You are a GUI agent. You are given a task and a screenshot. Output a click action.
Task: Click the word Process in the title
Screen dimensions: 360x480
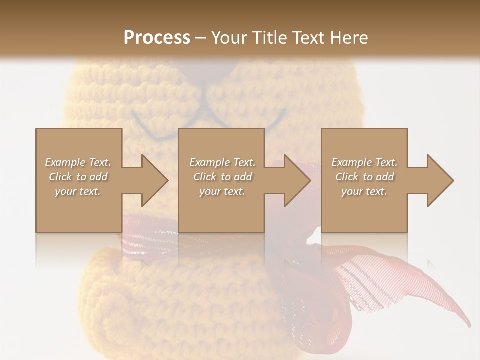tap(157, 38)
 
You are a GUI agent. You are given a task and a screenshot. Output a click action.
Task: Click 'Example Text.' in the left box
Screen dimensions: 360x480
tap(78, 162)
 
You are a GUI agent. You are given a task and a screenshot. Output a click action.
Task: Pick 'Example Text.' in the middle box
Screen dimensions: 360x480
tap(222, 162)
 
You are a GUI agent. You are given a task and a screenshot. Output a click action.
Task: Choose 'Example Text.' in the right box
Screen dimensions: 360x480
tap(364, 162)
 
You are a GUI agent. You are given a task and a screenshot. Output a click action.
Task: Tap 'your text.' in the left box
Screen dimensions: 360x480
tap(78, 191)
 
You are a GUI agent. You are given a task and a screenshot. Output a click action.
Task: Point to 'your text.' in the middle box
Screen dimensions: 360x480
tap(222, 191)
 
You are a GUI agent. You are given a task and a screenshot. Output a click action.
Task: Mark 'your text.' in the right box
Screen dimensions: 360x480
tap(364, 191)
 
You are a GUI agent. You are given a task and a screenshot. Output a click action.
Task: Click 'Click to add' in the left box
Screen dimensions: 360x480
tap(78, 177)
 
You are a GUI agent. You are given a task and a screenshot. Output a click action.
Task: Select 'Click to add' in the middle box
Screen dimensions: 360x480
tap(222, 177)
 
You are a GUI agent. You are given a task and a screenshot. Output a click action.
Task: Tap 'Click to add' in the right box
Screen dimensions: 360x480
tap(364, 177)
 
